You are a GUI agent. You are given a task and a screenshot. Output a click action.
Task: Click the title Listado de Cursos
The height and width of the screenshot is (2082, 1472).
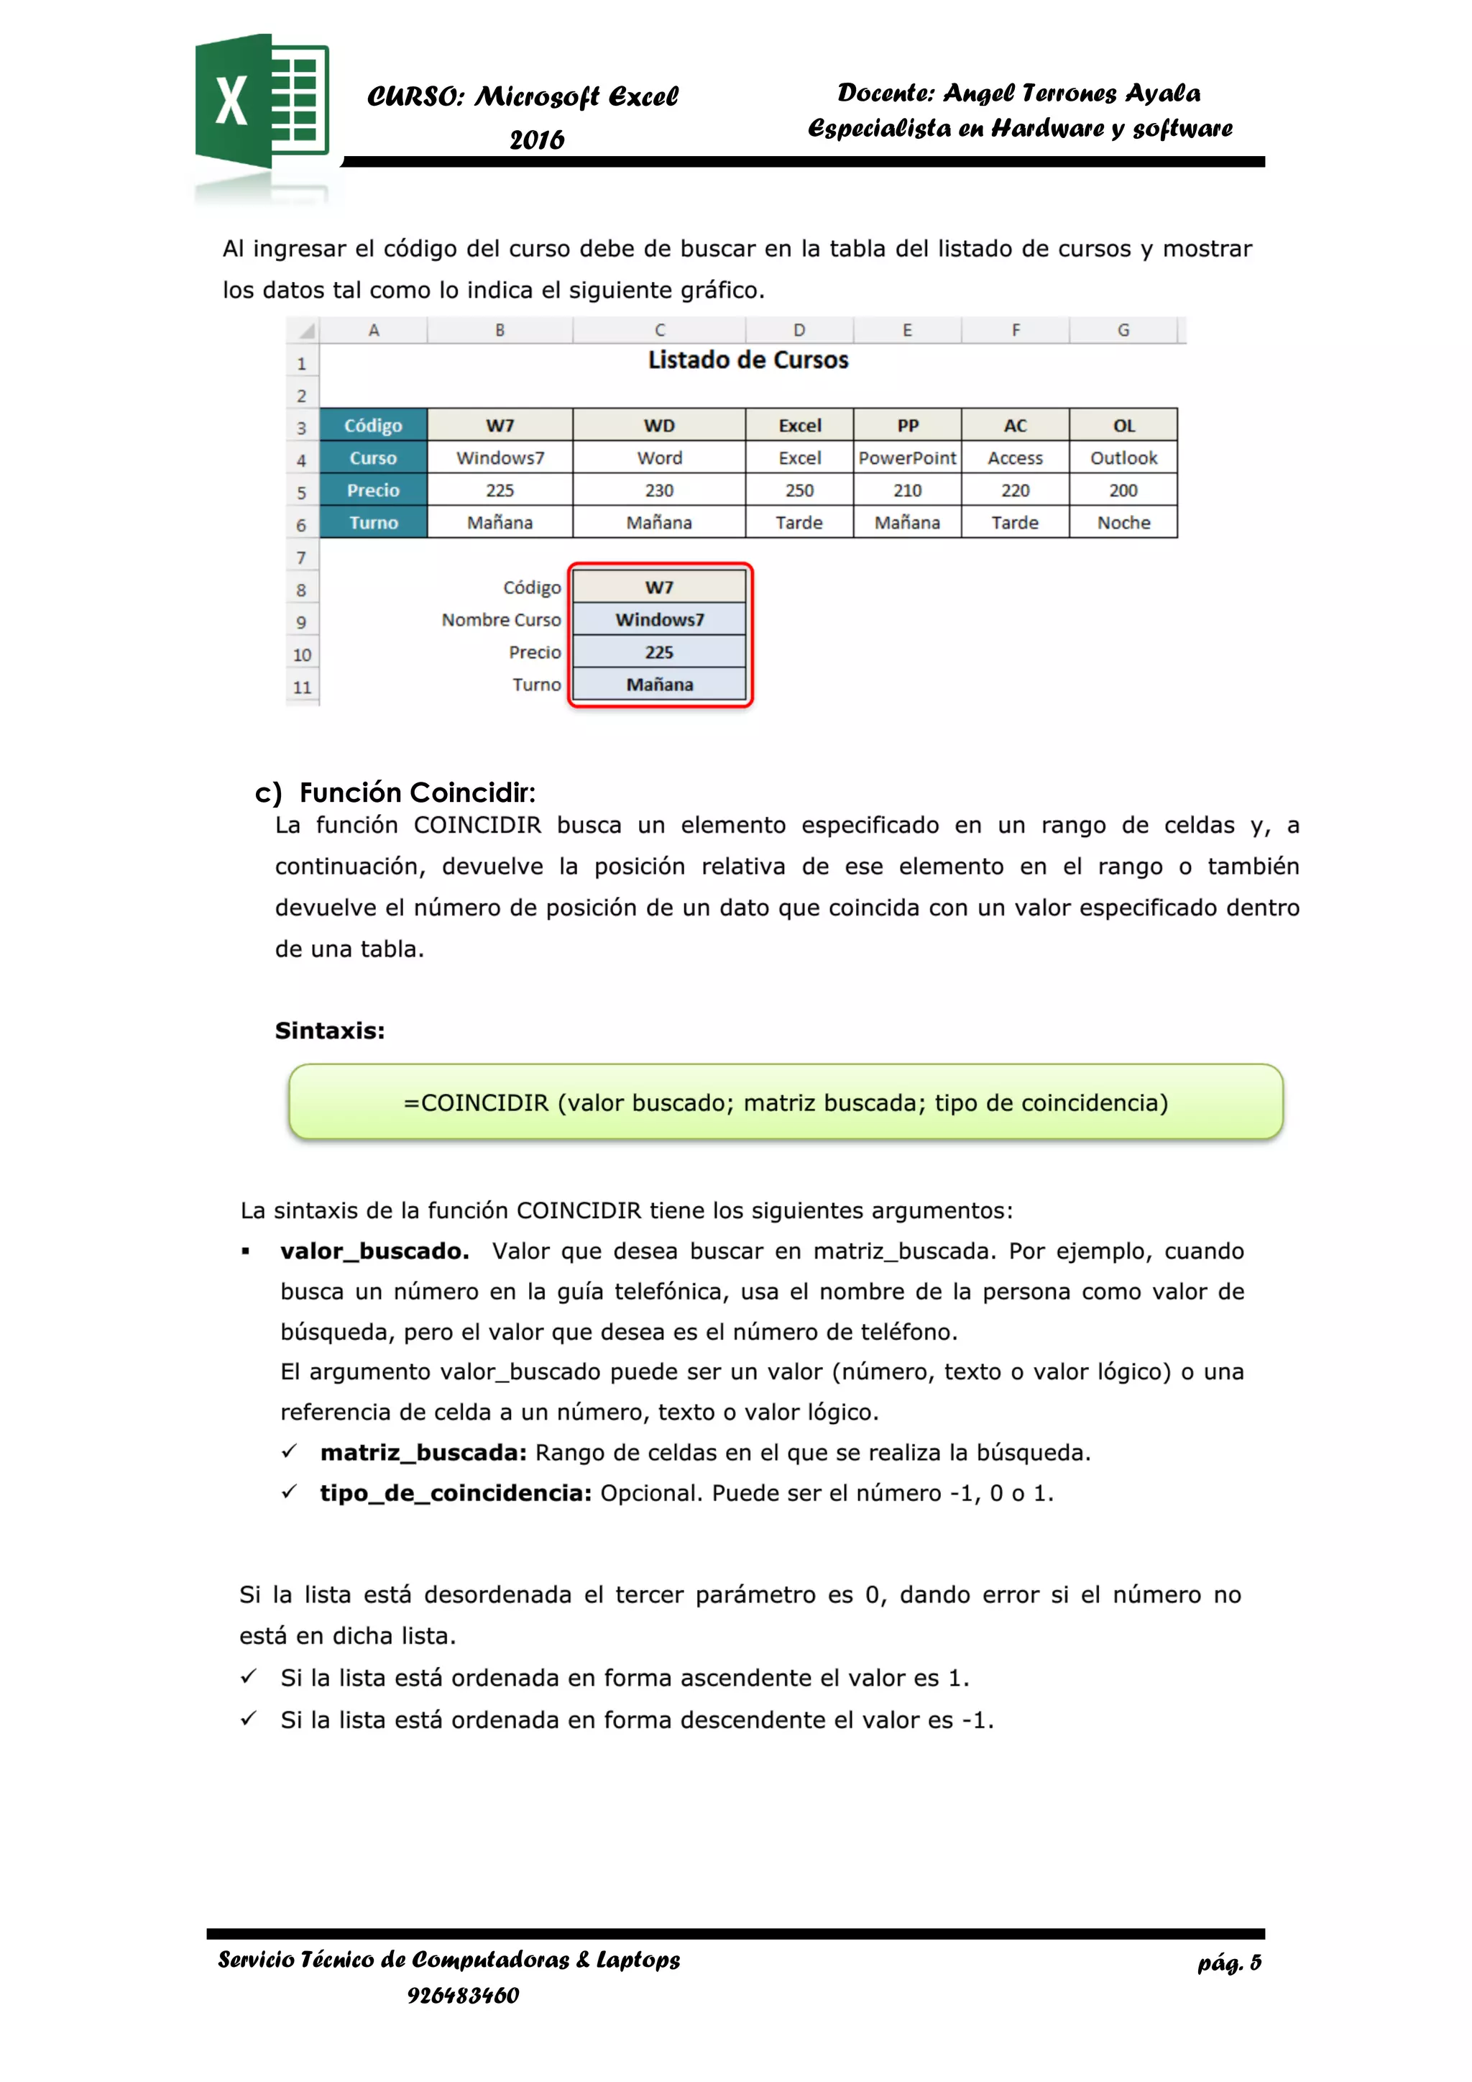(x=747, y=360)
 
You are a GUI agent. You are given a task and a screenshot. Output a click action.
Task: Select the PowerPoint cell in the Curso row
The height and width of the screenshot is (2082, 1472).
(x=906, y=458)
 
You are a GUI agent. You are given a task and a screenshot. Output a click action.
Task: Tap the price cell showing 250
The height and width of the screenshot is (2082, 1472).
(x=799, y=490)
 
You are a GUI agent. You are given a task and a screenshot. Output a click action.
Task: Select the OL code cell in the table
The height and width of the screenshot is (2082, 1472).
(x=1123, y=425)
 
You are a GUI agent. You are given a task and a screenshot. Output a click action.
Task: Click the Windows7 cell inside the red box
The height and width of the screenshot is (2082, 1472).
(x=659, y=619)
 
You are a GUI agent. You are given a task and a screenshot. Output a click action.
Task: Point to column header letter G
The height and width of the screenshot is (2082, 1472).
(x=1123, y=330)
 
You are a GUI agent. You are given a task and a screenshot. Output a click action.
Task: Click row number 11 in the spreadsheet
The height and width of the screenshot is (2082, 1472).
(x=302, y=688)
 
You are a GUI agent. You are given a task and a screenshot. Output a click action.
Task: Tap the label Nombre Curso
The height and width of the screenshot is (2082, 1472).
(x=501, y=619)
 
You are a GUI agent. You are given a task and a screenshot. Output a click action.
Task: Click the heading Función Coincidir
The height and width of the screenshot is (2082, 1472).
(x=417, y=793)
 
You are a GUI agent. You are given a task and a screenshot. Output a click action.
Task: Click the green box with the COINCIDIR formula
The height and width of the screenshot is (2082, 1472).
(x=785, y=1102)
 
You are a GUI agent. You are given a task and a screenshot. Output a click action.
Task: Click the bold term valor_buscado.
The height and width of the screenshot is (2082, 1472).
(x=374, y=1251)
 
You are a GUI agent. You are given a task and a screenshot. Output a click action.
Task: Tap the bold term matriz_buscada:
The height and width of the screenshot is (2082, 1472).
(x=423, y=1453)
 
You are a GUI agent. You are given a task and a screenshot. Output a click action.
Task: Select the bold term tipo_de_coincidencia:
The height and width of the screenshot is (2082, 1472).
(x=455, y=1494)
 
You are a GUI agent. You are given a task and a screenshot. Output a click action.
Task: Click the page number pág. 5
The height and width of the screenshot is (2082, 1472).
(x=1228, y=1963)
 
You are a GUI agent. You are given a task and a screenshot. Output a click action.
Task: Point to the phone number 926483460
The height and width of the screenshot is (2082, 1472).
(x=462, y=1995)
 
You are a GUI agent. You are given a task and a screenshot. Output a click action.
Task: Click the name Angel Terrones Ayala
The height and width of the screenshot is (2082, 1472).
(x=1072, y=93)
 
